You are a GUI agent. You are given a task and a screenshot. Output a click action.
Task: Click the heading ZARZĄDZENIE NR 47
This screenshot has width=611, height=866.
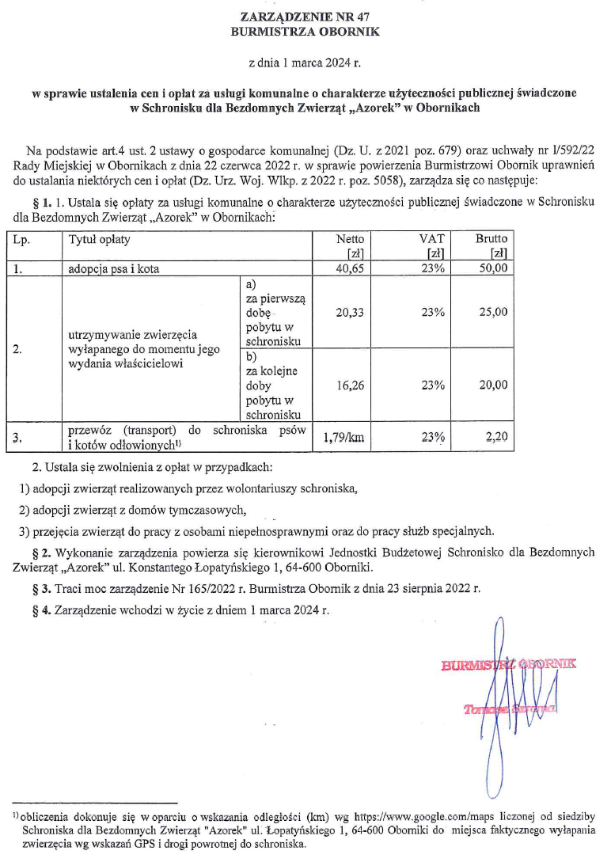305,17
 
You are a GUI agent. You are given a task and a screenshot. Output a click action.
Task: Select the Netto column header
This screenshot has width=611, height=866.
350,238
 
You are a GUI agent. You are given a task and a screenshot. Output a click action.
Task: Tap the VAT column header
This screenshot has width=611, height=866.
432,238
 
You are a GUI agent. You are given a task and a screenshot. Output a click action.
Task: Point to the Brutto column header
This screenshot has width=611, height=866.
491,238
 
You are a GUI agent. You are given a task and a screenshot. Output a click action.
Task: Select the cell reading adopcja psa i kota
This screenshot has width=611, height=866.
115,268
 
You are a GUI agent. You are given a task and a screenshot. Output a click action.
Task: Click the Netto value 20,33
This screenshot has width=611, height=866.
350,313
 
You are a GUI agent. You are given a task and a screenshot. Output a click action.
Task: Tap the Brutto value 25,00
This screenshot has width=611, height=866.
493,313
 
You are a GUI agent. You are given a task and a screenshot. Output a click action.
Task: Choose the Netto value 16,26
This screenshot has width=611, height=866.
350,386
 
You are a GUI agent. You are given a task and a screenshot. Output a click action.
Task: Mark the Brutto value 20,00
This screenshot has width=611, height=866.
493,386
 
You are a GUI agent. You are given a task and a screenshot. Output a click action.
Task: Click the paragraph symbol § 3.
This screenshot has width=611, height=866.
38,589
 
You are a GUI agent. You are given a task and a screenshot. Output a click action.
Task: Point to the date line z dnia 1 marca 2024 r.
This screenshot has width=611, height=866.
305,61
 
